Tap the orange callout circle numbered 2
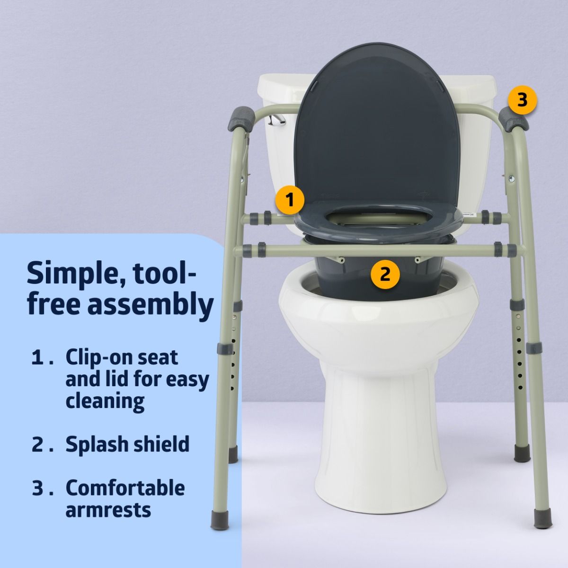pos(385,274)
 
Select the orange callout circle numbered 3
pos(522,100)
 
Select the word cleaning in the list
pos(105,401)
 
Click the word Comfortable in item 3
pos(125,488)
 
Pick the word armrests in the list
pos(108,510)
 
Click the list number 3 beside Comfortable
pos(38,488)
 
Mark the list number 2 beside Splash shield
pos(38,445)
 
